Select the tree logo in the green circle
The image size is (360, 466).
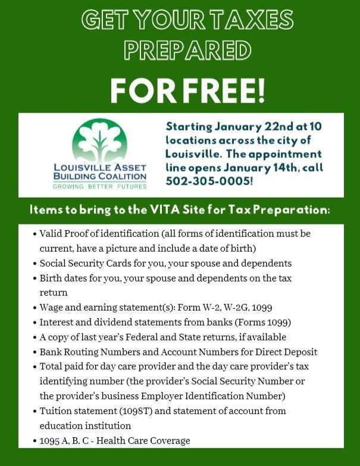(x=99, y=143)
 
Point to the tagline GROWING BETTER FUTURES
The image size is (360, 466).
(x=100, y=186)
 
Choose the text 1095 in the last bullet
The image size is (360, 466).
(x=51, y=440)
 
